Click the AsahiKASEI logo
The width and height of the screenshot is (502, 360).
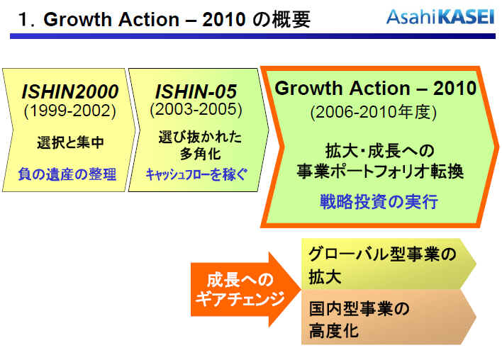[440, 17]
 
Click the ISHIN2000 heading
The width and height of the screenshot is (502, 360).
[69, 91]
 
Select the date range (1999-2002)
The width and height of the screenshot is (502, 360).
[69, 111]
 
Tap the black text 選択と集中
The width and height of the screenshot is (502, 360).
[70, 142]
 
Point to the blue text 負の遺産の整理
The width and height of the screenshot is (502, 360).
[67, 174]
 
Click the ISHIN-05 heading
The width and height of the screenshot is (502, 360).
[196, 91]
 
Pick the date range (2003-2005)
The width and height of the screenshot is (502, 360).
[196, 110]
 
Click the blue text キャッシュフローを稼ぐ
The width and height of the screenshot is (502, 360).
[196, 174]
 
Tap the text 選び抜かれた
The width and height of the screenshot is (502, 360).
[200, 137]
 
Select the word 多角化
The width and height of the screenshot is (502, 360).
[200, 154]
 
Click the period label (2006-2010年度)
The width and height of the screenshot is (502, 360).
[373, 112]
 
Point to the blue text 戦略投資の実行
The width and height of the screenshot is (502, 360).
[379, 202]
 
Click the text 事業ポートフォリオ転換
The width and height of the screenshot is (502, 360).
[380, 171]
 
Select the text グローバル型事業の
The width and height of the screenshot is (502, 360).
[382, 254]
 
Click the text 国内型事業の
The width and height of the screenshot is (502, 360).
[359, 309]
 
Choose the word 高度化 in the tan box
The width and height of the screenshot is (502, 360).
[333, 330]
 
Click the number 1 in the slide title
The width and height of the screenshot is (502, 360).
[24, 20]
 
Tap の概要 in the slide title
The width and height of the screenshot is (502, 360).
[281, 20]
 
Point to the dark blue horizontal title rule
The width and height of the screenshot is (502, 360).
[252, 36]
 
